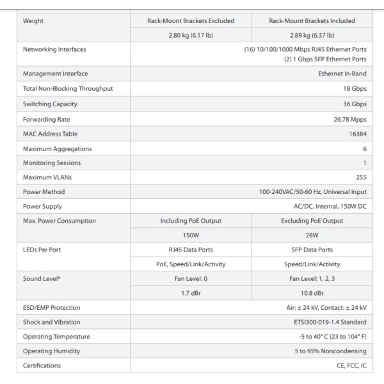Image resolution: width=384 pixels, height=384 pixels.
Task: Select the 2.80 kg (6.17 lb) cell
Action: pyautogui.click(x=191, y=35)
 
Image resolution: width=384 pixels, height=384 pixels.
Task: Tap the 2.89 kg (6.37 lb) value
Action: pyautogui.click(x=311, y=35)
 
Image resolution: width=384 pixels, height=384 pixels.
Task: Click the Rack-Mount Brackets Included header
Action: pyautogui.click(x=311, y=20)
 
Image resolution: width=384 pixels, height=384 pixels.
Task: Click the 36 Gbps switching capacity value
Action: pyautogui.click(x=355, y=103)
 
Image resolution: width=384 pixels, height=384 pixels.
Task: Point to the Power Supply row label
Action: pyautogui.click(x=45, y=205)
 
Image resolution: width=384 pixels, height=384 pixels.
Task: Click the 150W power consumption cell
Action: pyautogui.click(x=191, y=234)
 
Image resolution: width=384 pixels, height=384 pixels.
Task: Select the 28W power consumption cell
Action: pyautogui.click(x=311, y=234)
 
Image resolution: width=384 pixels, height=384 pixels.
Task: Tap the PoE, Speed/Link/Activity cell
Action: pyautogui.click(x=191, y=263)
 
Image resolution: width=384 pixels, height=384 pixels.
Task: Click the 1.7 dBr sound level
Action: pyautogui.click(x=191, y=292)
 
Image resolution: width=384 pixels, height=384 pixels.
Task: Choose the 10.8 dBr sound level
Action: pyautogui.click(x=311, y=292)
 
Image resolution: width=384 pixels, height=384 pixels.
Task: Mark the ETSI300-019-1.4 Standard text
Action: pyautogui.click(x=329, y=322)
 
